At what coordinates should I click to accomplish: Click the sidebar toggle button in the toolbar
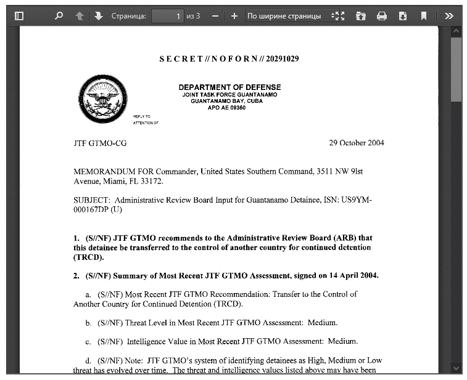tap(19, 16)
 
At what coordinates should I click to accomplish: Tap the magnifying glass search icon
tap(59, 16)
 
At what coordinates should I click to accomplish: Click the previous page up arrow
tap(80, 16)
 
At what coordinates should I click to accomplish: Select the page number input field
tap(168, 16)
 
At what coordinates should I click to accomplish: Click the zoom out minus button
tap(215, 16)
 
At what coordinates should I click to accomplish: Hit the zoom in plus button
tap(234, 16)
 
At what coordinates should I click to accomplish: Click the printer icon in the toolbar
tap(382, 16)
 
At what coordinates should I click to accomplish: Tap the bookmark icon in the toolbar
tap(424, 16)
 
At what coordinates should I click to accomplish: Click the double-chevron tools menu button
tap(449, 16)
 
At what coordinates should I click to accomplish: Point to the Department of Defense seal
tap(102, 99)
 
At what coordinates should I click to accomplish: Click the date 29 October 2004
tap(357, 143)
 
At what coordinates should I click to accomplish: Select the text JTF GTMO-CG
tap(100, 143)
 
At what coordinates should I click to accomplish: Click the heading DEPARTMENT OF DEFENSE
tap(229, 87)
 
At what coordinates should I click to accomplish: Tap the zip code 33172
tap(152, 181)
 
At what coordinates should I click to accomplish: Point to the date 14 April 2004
tap(354, 275)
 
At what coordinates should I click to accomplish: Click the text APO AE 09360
tap(226, 107)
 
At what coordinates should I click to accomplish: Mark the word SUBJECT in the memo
tap(91, 200)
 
